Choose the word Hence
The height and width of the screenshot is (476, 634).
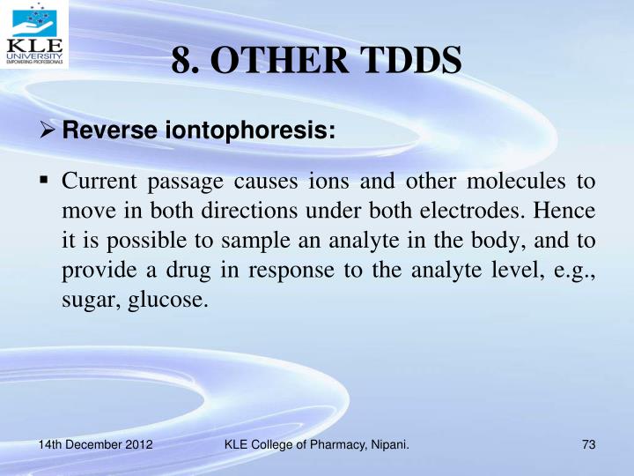(x=568, y=212)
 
